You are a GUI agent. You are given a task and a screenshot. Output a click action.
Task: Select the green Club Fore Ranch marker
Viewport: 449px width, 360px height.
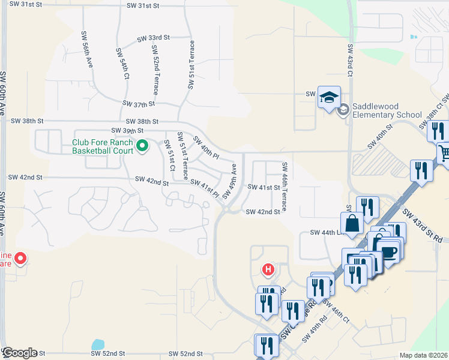tap(142, 145)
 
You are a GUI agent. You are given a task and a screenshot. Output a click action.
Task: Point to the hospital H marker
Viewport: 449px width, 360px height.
tap(268, 271)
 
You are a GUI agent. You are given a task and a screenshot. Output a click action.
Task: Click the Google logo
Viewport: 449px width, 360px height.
tap(19, 353)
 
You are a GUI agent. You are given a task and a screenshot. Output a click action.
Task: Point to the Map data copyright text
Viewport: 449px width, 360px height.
tap(423, 355)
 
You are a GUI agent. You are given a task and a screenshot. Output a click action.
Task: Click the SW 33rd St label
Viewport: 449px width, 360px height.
tap(153, 37)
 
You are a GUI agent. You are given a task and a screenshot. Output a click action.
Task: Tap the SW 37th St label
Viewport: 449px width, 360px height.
tap(139, 103)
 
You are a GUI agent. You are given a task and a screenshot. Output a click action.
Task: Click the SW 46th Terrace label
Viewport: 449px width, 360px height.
tap(284, 186)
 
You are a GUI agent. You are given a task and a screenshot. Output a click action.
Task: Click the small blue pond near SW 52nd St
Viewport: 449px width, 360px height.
tap(97, 345)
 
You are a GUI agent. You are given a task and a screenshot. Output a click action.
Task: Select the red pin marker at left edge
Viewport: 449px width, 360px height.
tap(20, 259)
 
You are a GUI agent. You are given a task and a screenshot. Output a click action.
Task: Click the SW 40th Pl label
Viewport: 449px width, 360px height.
tap(206, 148)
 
